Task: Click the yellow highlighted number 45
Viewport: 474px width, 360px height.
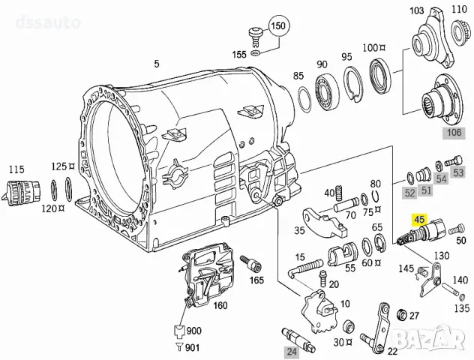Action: [418, 220]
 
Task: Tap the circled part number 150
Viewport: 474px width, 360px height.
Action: [279, 26]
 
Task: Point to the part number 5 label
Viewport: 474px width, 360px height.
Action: [157, 64]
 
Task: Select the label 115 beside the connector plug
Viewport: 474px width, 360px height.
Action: [16, 171]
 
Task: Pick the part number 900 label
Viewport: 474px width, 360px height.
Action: [193, 331]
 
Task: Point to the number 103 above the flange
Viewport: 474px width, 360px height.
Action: [417, 12]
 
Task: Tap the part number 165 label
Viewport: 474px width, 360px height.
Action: [256, 280]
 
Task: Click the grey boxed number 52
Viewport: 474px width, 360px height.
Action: [409, 193]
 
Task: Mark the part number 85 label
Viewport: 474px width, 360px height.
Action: [298, 76]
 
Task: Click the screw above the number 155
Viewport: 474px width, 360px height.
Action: [254, 35]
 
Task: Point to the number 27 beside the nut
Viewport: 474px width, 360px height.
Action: [415, 316]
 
